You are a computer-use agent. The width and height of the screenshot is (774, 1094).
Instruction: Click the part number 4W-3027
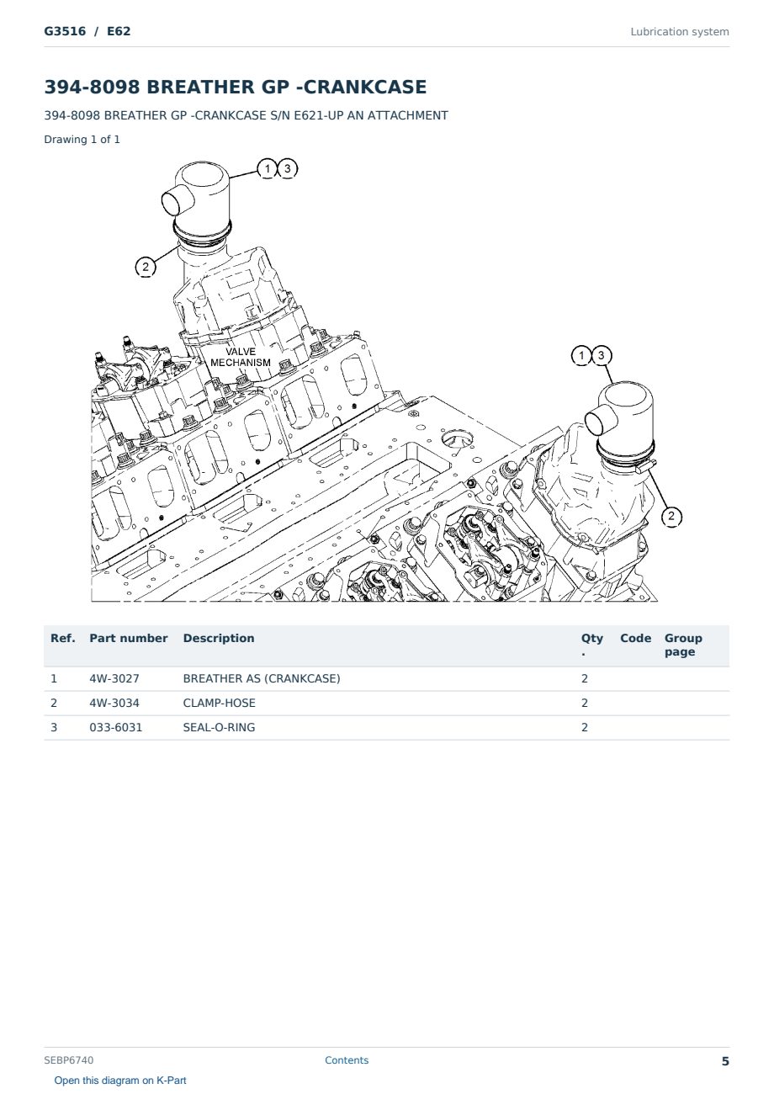coord(114,678)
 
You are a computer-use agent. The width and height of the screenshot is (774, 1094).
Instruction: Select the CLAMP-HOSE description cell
coord(219,703)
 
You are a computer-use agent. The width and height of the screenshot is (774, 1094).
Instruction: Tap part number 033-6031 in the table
coord(116,727)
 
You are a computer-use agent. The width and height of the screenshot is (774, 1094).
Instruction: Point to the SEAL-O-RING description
coord(219,727)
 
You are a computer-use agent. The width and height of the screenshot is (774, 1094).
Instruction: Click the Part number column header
coord(129,638)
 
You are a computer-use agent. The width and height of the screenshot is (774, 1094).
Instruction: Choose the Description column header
coord(219,638)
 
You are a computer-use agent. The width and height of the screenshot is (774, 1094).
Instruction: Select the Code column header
coord(635,638)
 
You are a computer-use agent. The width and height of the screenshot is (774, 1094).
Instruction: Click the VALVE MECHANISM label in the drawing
coord(241,357)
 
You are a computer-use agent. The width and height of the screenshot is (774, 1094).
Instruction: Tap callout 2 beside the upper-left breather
coord(145,267)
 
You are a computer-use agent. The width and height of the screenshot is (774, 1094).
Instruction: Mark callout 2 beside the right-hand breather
coord(671,516)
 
